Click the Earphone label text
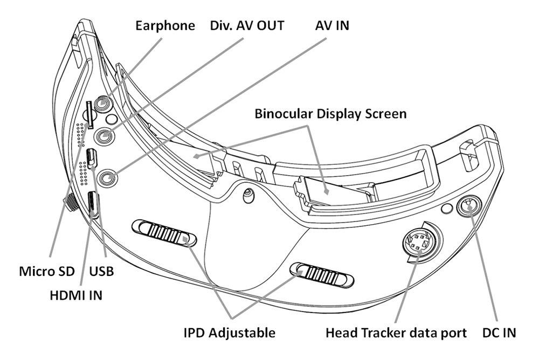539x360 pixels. pyautogui.click(x=165, y=25)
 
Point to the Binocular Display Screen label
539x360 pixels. pyautogui.click(x=330, y=114)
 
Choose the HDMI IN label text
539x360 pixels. pyautogui.click(x=73, y=294)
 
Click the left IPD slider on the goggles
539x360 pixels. pyautogui.click(x=164, y=232)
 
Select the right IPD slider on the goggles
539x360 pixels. pyautogui.click(x=322, y=274)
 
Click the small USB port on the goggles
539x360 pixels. pyautogui.click(x=91, y=157)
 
